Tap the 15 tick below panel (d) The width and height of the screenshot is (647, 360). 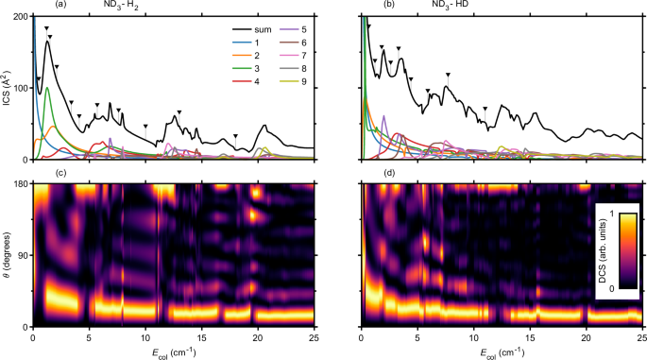[531, 335]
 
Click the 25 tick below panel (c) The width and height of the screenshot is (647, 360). [314, 335]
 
